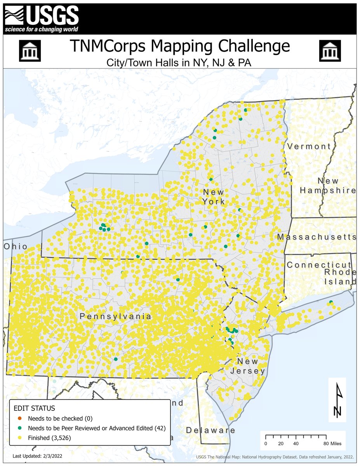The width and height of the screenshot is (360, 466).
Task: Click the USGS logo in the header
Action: click(42, 19)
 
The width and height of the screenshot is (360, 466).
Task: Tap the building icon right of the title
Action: click(330, 50)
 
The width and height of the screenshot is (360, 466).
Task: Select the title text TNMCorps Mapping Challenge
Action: click(180, 46)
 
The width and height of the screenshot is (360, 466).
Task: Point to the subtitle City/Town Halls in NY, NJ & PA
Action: click(180, 62)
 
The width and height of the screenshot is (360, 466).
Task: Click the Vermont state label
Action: click(309, 146)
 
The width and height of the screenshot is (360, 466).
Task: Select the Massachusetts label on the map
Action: click(317, 237)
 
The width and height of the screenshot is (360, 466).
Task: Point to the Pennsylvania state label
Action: click(115, 316)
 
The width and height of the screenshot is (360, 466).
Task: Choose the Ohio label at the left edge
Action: click(16, 247)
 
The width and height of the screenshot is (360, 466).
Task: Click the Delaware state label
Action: click(210, 430)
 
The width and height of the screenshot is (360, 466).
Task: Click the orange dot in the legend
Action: click(20, 419)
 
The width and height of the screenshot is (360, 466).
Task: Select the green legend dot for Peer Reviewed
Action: click(20, 428)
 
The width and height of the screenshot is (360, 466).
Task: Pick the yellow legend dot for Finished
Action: click(20, 438)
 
